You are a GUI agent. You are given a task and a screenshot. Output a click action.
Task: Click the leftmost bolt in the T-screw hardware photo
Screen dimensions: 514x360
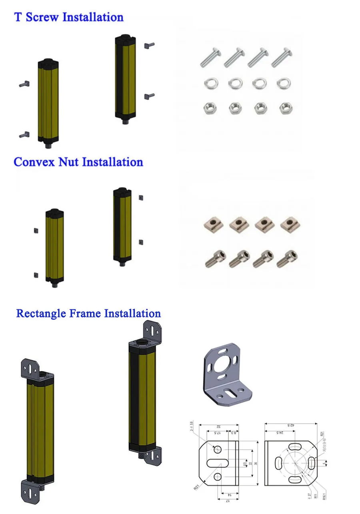click(x=210, y=59)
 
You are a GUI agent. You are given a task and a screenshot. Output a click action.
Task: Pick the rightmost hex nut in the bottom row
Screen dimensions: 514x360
click(x=285, y=107)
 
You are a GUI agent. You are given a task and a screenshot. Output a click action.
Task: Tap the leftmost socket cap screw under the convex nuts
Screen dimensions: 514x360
click(x=215, y=258)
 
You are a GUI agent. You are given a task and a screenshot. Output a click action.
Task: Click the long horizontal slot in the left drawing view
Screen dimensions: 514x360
click(x=217, y=463)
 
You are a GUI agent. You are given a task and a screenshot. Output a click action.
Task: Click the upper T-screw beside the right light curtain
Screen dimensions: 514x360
click(x=149, y=45)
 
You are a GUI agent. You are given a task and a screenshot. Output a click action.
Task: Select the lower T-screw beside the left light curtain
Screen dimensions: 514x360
click(x=24, y=135)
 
